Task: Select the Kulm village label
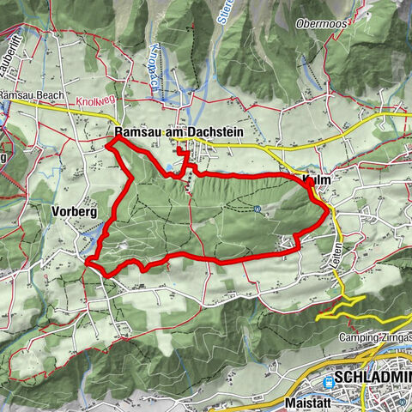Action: pyautogui.click(x=317, y=179)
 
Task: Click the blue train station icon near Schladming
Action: pyautogui.click(x=330, y=378)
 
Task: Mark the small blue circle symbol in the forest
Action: pyautogui.click(x=258, y=208)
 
